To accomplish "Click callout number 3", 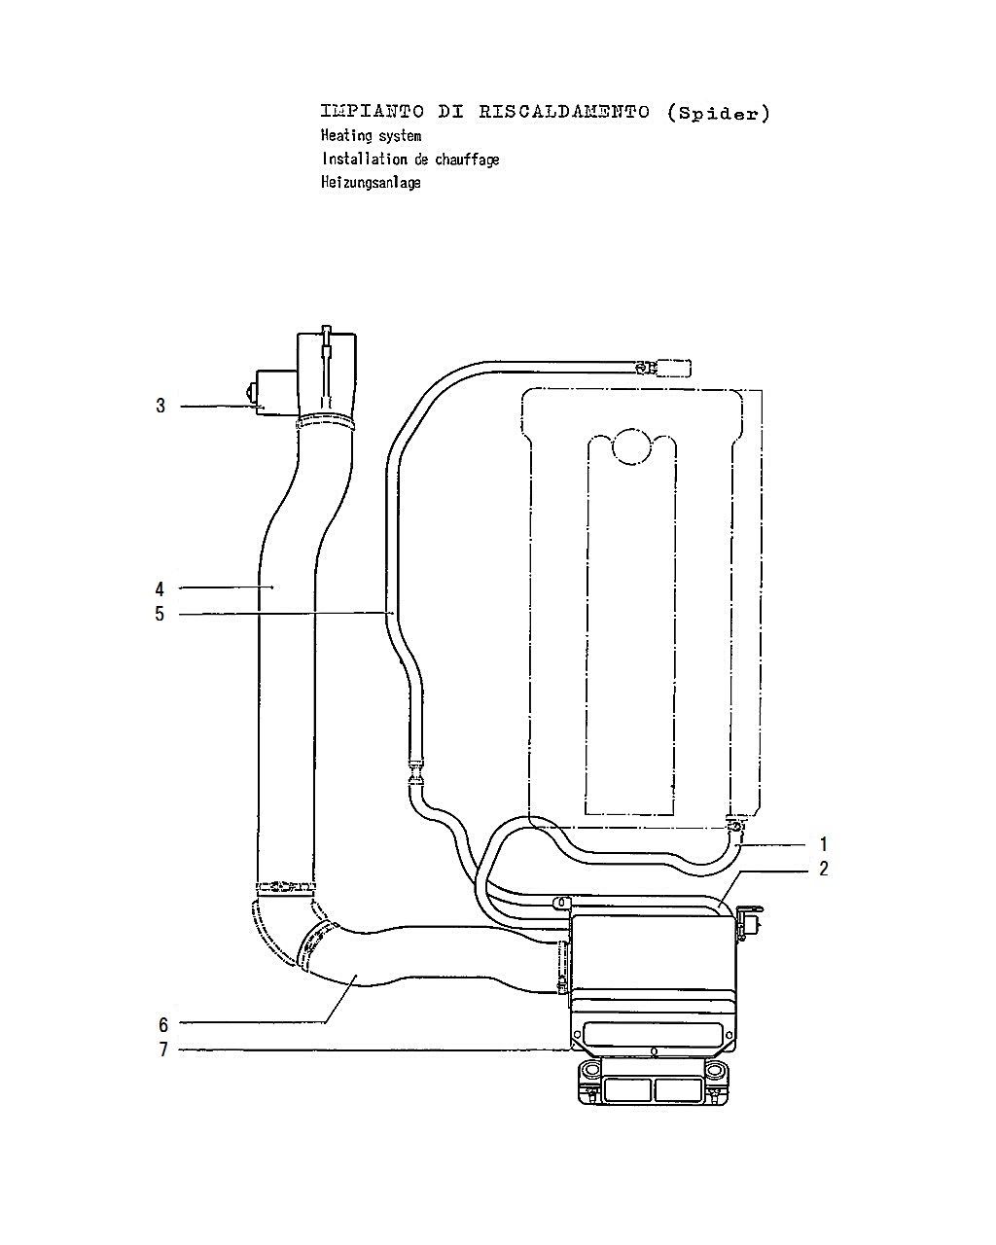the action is [160, 407].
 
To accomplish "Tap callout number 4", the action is [160, 589].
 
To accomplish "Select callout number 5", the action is [160, 614].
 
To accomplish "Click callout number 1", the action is [824, 844].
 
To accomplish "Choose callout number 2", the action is [824, 869].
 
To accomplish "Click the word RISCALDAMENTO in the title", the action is [564, 112].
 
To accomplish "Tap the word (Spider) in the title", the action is [718, 113].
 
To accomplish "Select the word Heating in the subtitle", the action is [346, 136].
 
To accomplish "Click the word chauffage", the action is [467, 160].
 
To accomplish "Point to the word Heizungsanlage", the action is [371, 183].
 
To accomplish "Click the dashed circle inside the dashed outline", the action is [631, 446].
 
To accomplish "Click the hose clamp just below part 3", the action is [325, 421].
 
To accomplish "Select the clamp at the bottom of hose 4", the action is [286, 886].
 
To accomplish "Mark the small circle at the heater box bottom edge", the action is [654, 1050].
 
